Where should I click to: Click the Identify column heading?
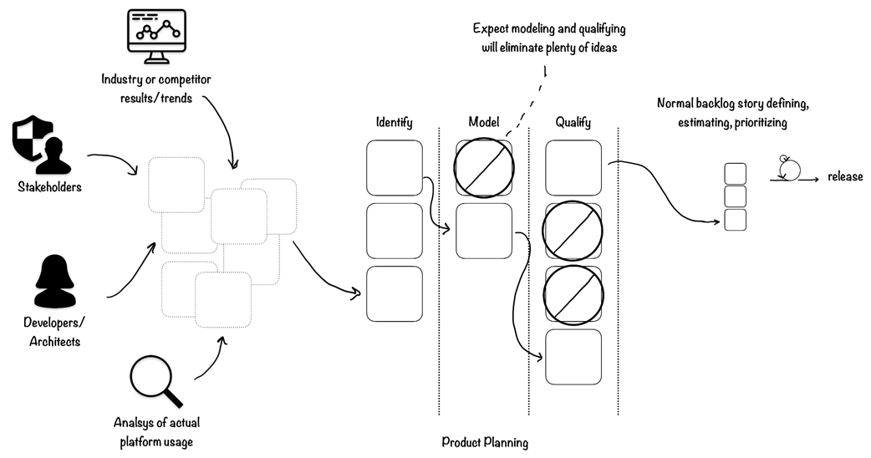click(x=394, y=123)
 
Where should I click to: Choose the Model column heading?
click(x=483, y=123)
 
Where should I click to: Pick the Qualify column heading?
click(x=573, y=123)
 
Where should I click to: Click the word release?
click(x=845, y=176)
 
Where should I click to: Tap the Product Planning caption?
click(x=485, y=443)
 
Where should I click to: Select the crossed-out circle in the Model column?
click(x=483, y=167)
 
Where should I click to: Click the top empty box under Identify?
click(x=395, y=167)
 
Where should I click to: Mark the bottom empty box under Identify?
click(x=395, y=293)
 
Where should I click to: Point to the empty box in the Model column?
click(x=483, y=230)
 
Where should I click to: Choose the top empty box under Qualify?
click(x=573, y=167)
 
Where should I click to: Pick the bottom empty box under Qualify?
click(x=573, y=357)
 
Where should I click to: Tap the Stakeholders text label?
click(x=50, y=187)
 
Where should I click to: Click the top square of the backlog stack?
click(x=735, y=174)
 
